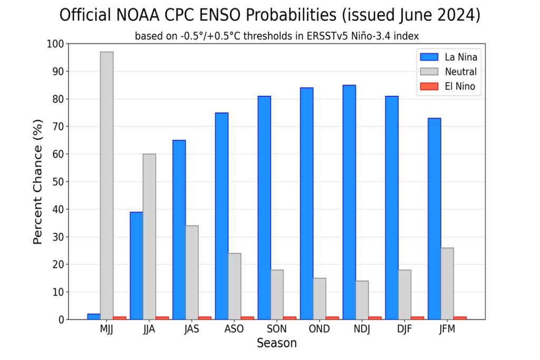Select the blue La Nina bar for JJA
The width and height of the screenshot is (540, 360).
coord(136,266)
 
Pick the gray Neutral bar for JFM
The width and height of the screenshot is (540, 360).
coord(447,284)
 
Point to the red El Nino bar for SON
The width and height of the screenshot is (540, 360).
coord(290,318)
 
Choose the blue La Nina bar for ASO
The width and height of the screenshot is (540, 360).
coord(221,216)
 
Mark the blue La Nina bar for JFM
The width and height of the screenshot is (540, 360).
coord(434,219)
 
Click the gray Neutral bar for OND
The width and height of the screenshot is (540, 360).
coord(320,298)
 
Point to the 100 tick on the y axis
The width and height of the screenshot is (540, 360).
coord(55,44)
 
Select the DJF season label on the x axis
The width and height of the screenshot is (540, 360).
coord(404,329)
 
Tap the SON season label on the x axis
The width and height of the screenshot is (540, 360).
coord(277,329)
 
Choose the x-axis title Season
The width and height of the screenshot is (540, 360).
coord(277,343)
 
